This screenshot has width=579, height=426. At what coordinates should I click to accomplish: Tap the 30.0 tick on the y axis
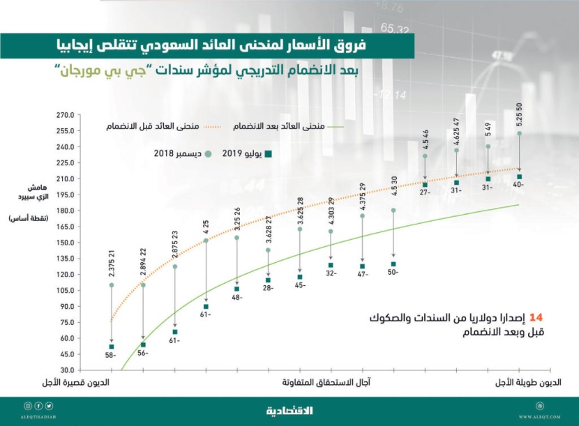point(66,370)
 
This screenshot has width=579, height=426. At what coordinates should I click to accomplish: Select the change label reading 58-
point(111,356)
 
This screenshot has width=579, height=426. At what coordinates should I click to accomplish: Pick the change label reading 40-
point(519,185)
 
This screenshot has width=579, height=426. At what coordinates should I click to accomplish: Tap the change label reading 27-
point(425,193)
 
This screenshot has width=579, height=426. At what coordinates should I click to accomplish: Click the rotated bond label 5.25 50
point(519,115)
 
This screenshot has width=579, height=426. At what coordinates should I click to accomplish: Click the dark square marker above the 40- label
point(519,177)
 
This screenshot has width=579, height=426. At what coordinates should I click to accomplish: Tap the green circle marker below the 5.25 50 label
point(519,134)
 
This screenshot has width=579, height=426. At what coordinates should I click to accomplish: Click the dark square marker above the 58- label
point(111,347)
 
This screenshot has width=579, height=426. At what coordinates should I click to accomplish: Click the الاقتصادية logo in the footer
point(289,411)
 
